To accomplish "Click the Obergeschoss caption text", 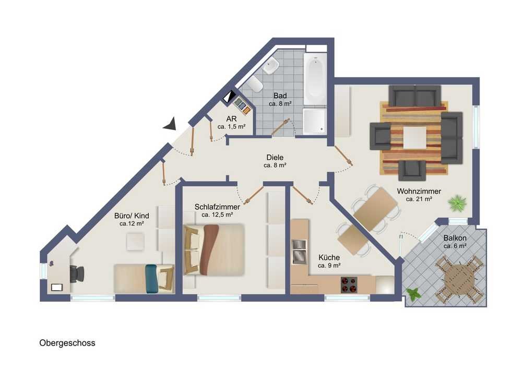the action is click(67, 343).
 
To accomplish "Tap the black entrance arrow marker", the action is click(170, 124).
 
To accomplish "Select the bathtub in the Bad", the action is click(315, 79).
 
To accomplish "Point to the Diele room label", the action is click(275, 158).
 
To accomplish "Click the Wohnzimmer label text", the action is click(419, 192).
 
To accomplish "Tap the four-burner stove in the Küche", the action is click(349, 284).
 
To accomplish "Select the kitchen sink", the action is click(299, 252).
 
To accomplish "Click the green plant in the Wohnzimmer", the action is click(457, 203).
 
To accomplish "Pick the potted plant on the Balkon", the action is click(413, 294).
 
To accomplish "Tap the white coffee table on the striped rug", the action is click(415, 137).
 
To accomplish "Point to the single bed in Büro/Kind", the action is click(144, 279).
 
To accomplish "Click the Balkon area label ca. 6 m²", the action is click(455, 246).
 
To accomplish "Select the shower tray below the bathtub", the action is click(315, 121).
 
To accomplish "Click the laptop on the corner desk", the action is click(56, 287).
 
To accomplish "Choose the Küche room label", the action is click(329, 257).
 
